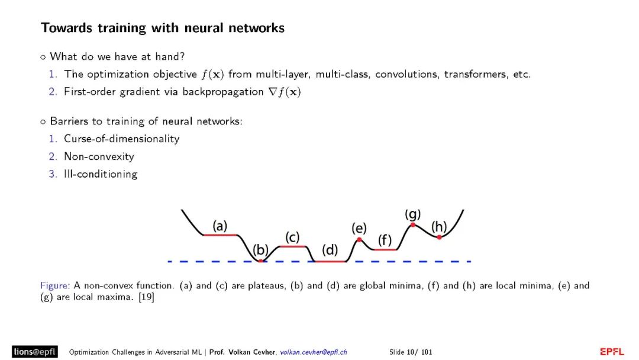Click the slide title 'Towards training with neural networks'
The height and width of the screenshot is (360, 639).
(163, 28)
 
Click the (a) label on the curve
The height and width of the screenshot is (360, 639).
(220, 226)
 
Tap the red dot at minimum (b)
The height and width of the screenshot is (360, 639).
(260, 261)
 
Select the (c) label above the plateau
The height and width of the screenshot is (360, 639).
(292, 237)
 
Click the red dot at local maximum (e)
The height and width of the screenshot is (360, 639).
(359, 239)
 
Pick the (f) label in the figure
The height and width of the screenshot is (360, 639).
(385, 240)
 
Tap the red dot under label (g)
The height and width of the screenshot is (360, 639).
(412, 224)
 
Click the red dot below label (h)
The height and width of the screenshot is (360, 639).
(439, 237)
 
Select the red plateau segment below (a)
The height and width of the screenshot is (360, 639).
(220, 235)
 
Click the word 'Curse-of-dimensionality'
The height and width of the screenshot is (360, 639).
(121, 139)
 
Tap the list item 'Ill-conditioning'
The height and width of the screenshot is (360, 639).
(101, 174)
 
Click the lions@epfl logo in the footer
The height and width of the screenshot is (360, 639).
(34, 352)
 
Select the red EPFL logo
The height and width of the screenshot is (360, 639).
(612, 352)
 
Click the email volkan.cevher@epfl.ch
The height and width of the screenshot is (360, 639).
(314, 352)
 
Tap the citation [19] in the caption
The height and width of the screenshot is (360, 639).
(146, 297)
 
